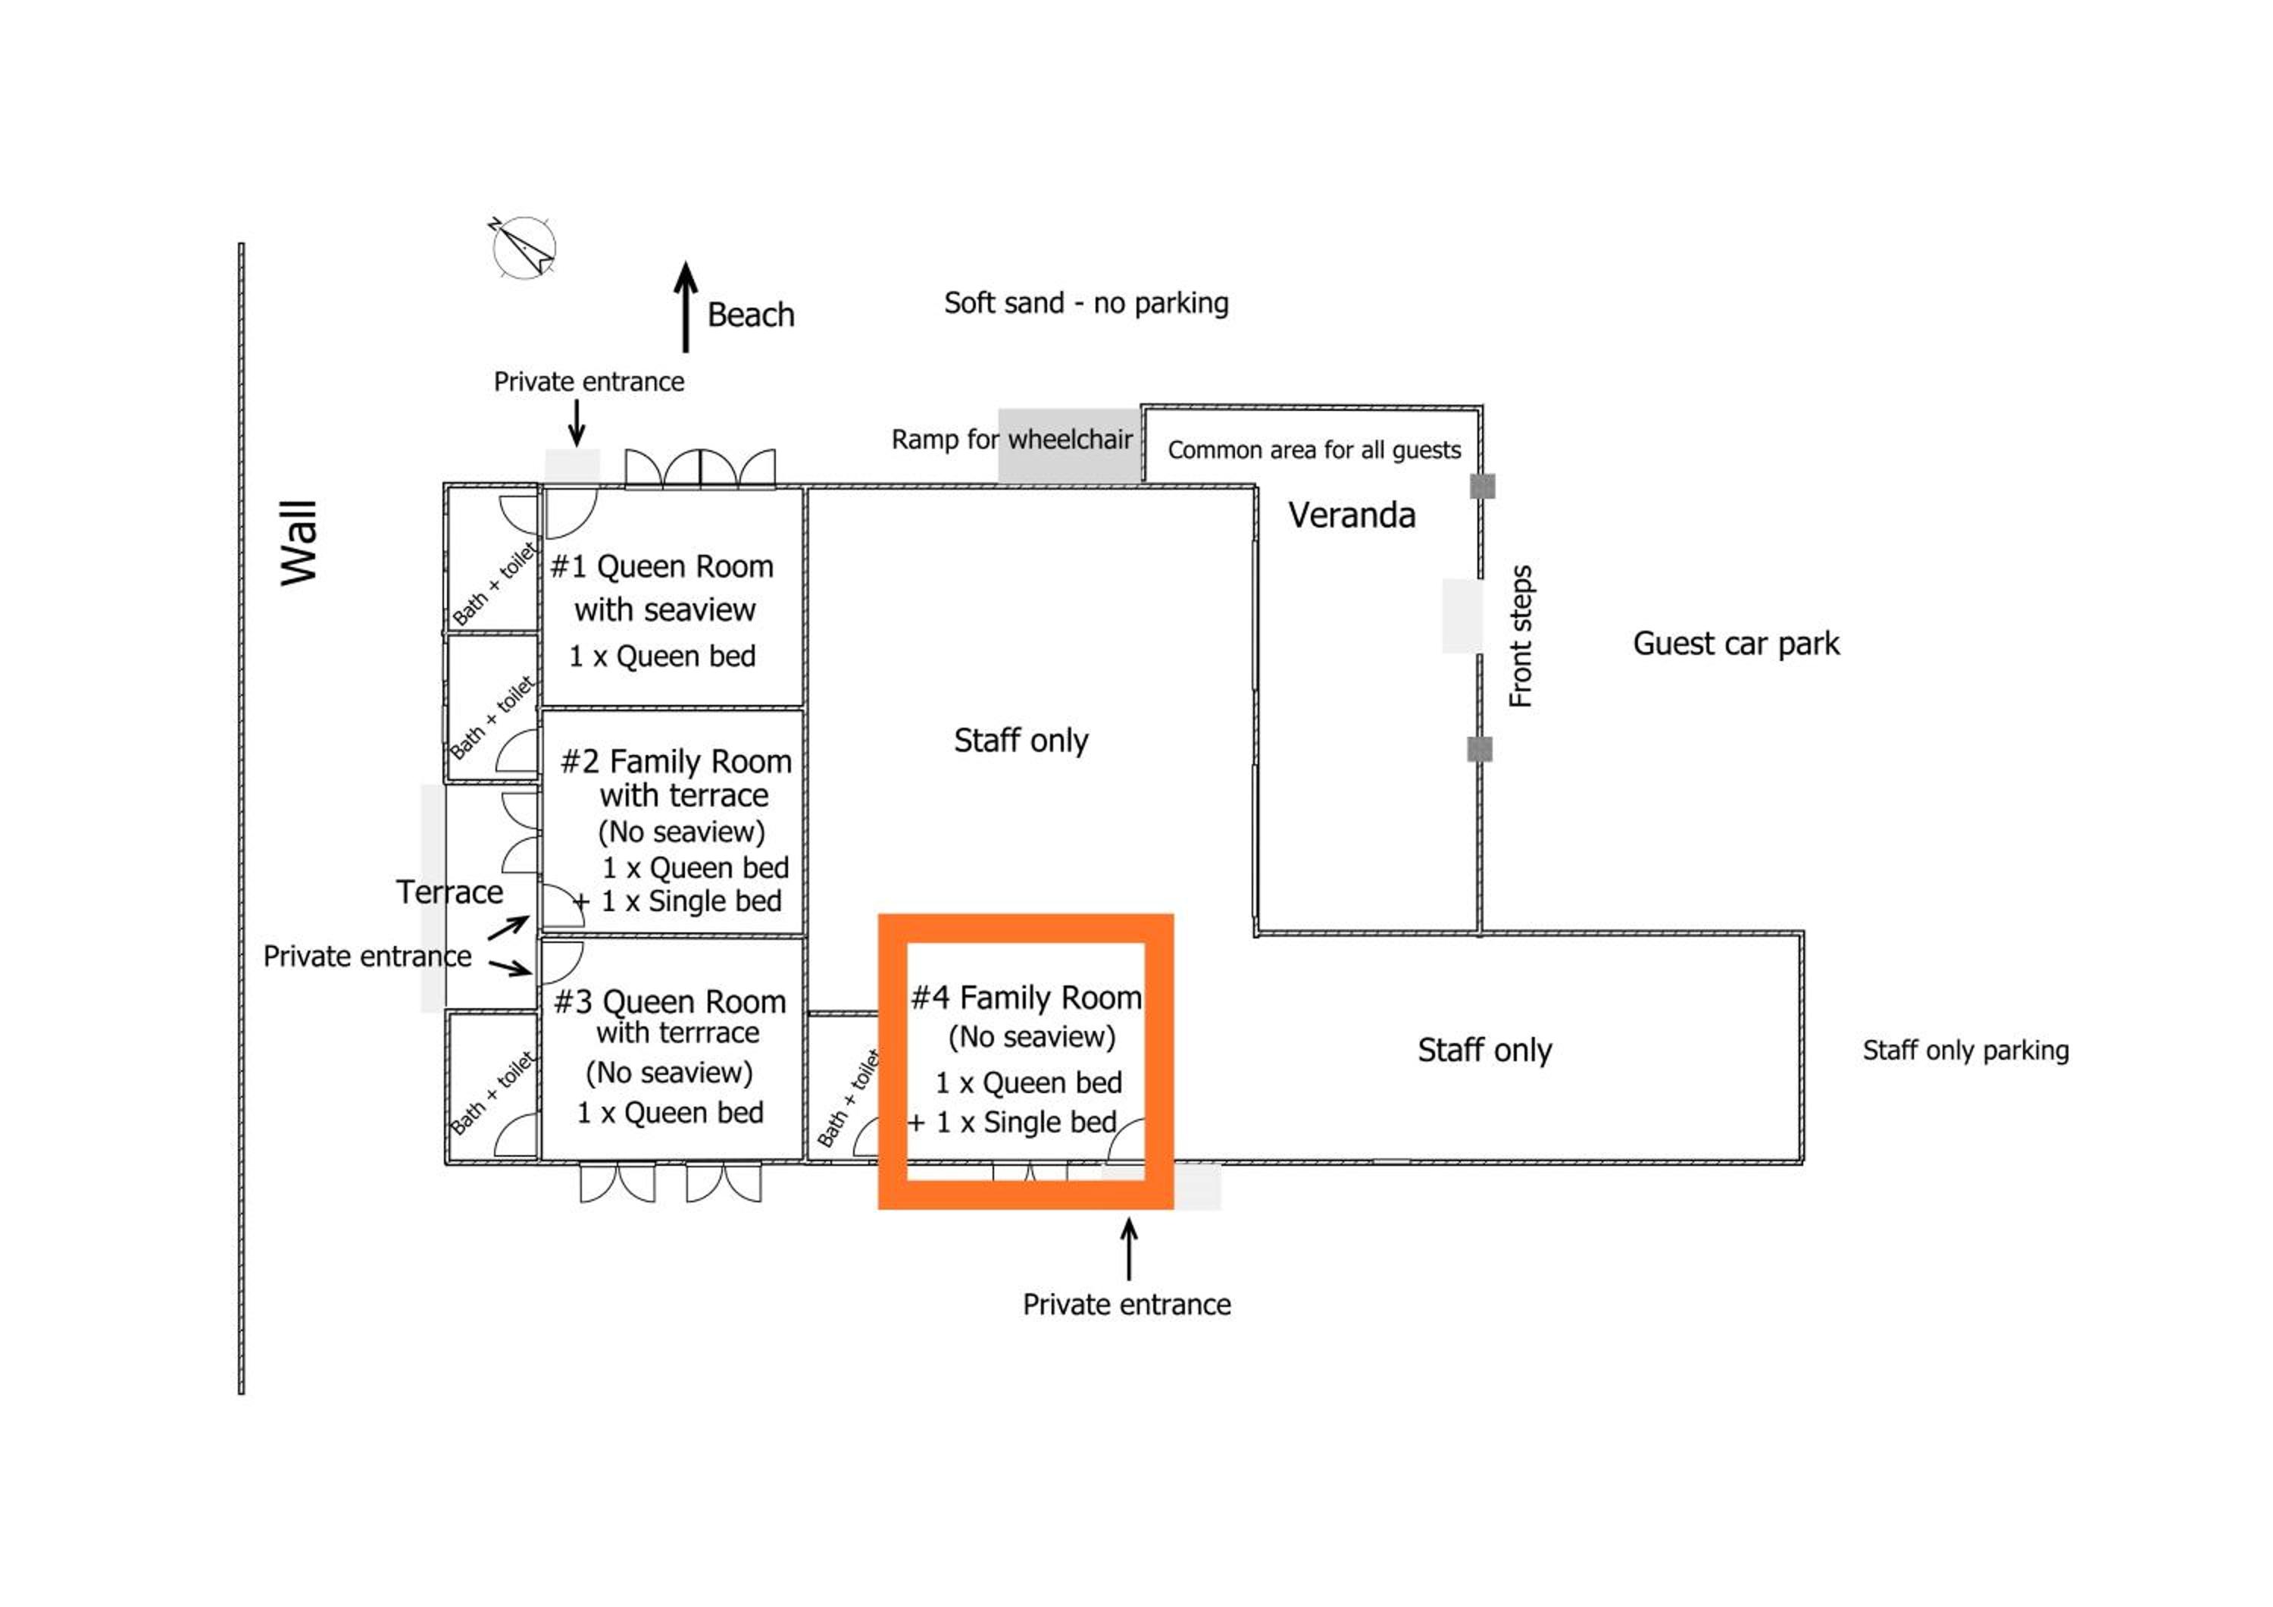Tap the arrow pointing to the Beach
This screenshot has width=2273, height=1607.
pos(685,307)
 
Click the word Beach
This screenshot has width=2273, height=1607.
pos(750,315)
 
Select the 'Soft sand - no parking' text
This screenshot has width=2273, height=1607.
pos(1086,303)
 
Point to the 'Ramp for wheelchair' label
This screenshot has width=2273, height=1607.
pos(1011,439)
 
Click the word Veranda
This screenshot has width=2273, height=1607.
pos(1352,515)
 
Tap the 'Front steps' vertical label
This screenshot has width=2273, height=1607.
pos(1521,636)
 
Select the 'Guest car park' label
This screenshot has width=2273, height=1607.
pos(1736,644)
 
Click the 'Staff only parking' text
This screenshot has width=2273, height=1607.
pos(1965,1050)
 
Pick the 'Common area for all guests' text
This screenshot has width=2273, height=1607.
pos(1314,450)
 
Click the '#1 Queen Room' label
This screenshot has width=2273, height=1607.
pos(661,566)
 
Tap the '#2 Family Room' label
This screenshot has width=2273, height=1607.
pos(676,761)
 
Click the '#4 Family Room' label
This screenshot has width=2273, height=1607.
pos(1026,997)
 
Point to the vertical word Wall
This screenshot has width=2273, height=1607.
pos(298,543)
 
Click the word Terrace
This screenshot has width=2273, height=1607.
pos(449,892)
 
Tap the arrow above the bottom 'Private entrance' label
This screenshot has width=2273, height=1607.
pos(1129,1248)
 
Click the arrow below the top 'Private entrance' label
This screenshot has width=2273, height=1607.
pos(576,424)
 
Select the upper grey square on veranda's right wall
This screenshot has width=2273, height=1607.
pos(1482,486)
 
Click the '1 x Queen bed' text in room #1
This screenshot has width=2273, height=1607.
pos(662,656)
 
